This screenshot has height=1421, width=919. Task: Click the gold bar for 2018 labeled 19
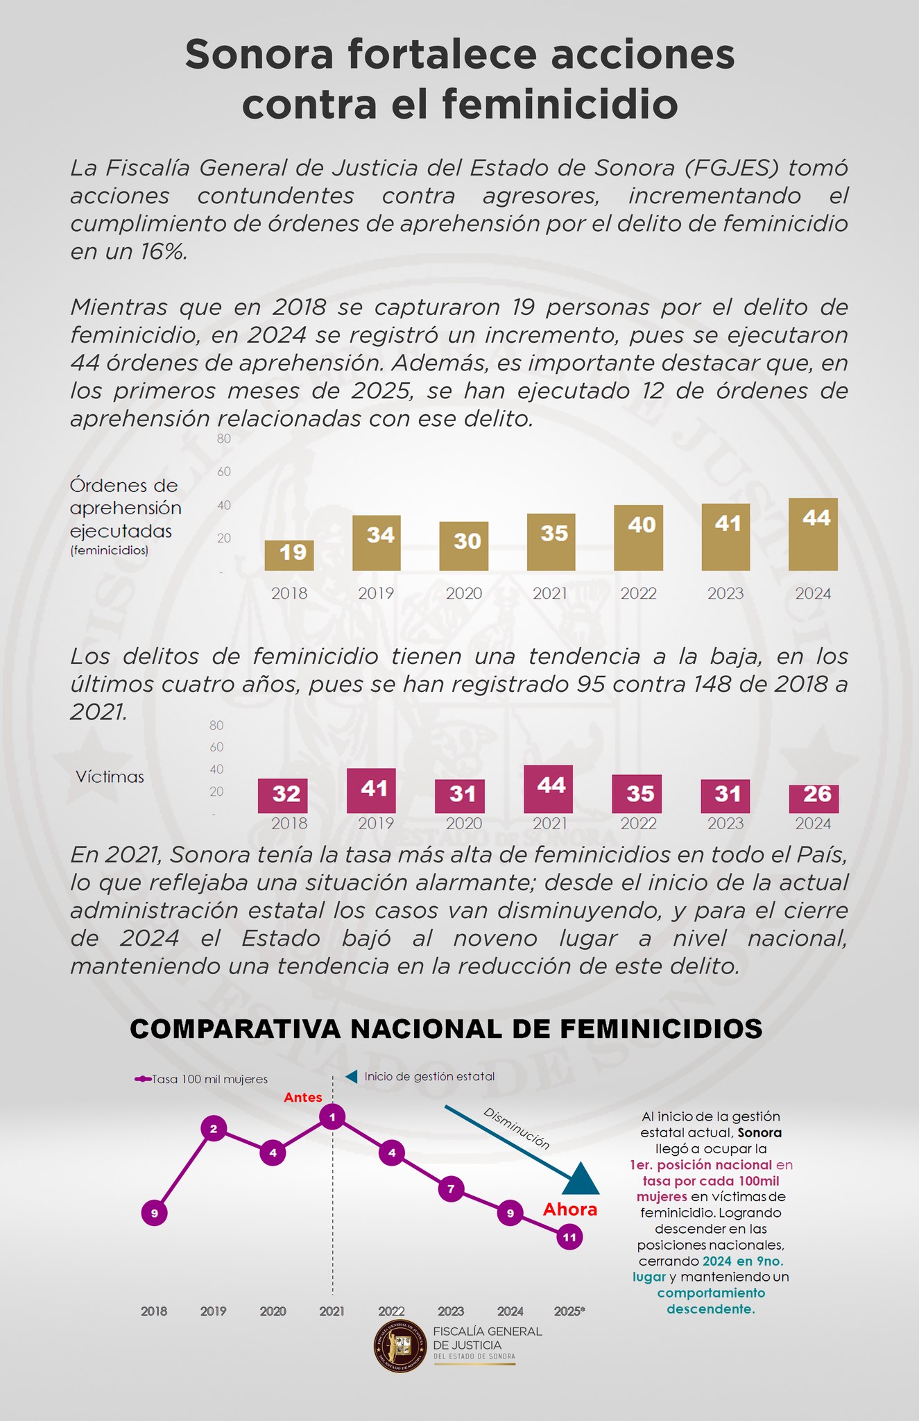pos(289,555)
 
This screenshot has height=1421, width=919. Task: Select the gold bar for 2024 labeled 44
pos(813,534)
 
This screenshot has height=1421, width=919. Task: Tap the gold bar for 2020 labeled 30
pos(463,546)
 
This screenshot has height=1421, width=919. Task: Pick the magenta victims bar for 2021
pos(549,789)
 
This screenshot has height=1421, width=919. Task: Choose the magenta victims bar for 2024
pos(814,799)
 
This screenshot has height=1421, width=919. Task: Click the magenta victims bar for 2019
pos(371,790)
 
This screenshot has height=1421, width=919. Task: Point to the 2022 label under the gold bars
pos(638,593)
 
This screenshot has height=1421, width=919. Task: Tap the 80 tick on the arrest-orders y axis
pos(223,439)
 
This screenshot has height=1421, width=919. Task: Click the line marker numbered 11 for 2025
pos(569,1237)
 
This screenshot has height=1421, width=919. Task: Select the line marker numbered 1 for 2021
pos(333,1117)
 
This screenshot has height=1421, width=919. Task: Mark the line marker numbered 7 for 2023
pos(451,1189)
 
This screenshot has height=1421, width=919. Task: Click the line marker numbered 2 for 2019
pos(214,1129)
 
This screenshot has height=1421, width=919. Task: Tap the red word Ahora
pos(570,1209)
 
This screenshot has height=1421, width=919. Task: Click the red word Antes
pos(303,1097)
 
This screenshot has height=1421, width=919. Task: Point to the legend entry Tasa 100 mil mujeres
pos(201,1079)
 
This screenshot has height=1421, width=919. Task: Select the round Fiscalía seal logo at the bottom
pos(401,1346)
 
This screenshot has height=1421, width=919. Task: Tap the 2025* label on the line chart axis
pos(569,1311)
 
